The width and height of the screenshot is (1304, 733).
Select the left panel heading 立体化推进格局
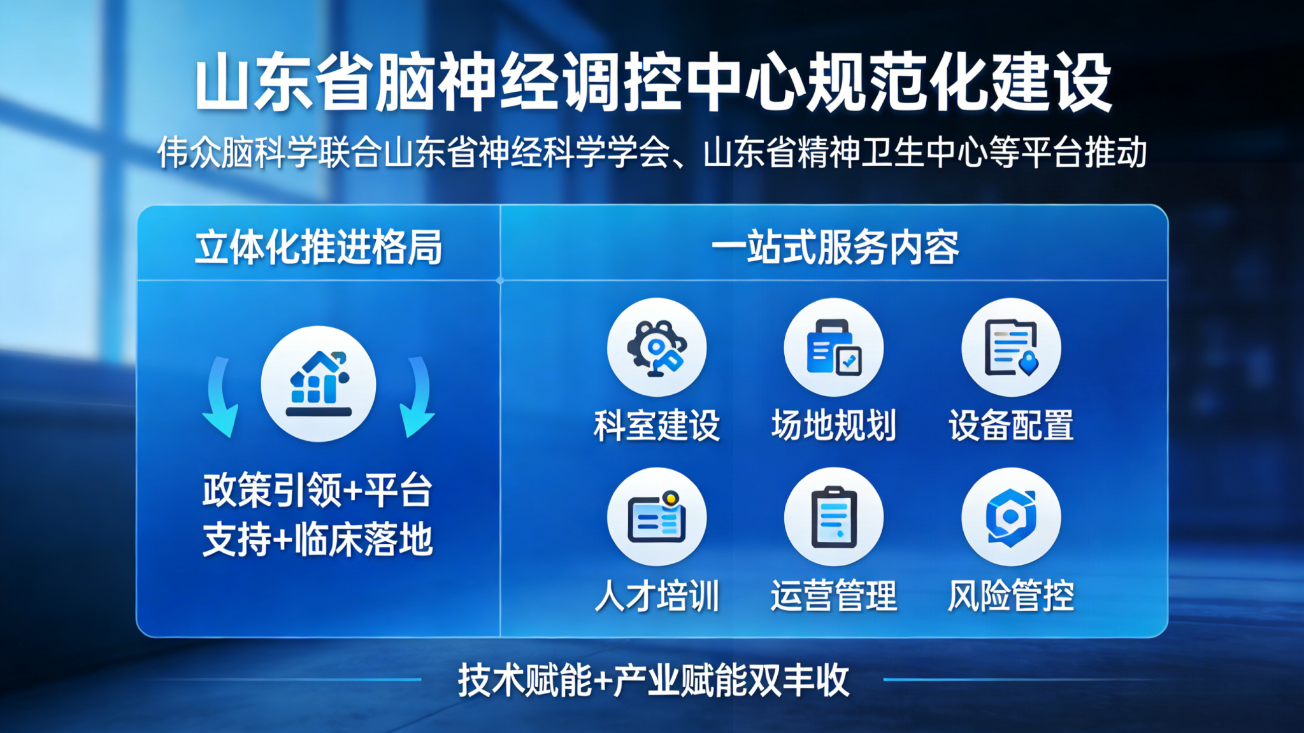point(319,247)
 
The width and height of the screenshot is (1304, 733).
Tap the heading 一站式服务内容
point(835,247)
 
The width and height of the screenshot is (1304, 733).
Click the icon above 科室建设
point(657,348)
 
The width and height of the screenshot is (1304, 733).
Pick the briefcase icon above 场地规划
point(834,348)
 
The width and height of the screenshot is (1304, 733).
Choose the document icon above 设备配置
point(1011,348)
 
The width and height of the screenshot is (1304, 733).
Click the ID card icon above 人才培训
point(657,517)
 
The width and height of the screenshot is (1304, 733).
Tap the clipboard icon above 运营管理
point(834,517)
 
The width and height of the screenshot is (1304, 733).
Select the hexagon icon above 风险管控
point(1011,517)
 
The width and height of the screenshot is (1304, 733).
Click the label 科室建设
point(657,425)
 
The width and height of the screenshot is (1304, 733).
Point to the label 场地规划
point(834,425)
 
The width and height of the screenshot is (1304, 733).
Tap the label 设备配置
point(1011,425)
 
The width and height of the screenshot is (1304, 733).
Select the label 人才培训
point(657,596)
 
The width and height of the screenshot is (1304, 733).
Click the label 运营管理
point(834,596)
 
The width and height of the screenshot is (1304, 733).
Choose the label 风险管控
point(1011,596)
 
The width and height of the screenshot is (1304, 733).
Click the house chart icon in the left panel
point(319,384)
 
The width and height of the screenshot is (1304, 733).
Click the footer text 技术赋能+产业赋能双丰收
point(654,680)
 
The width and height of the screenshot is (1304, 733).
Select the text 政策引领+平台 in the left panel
point(317,490)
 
